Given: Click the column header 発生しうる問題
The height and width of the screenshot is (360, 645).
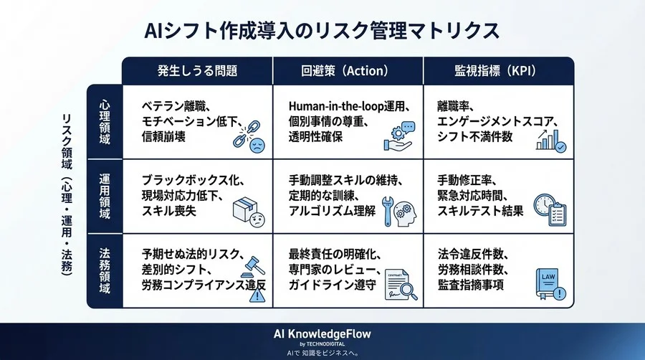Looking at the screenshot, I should click(x=197, y=71).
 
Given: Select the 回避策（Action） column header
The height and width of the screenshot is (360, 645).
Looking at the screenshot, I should click(x=348, y=71).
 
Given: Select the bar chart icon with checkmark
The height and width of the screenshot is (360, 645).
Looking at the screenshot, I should click(x=550, y=138).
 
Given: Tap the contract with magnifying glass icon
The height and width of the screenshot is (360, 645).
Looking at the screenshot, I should click(x=398, y=285).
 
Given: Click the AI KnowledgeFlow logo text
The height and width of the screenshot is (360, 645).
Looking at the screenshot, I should click(x=322, y=334).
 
